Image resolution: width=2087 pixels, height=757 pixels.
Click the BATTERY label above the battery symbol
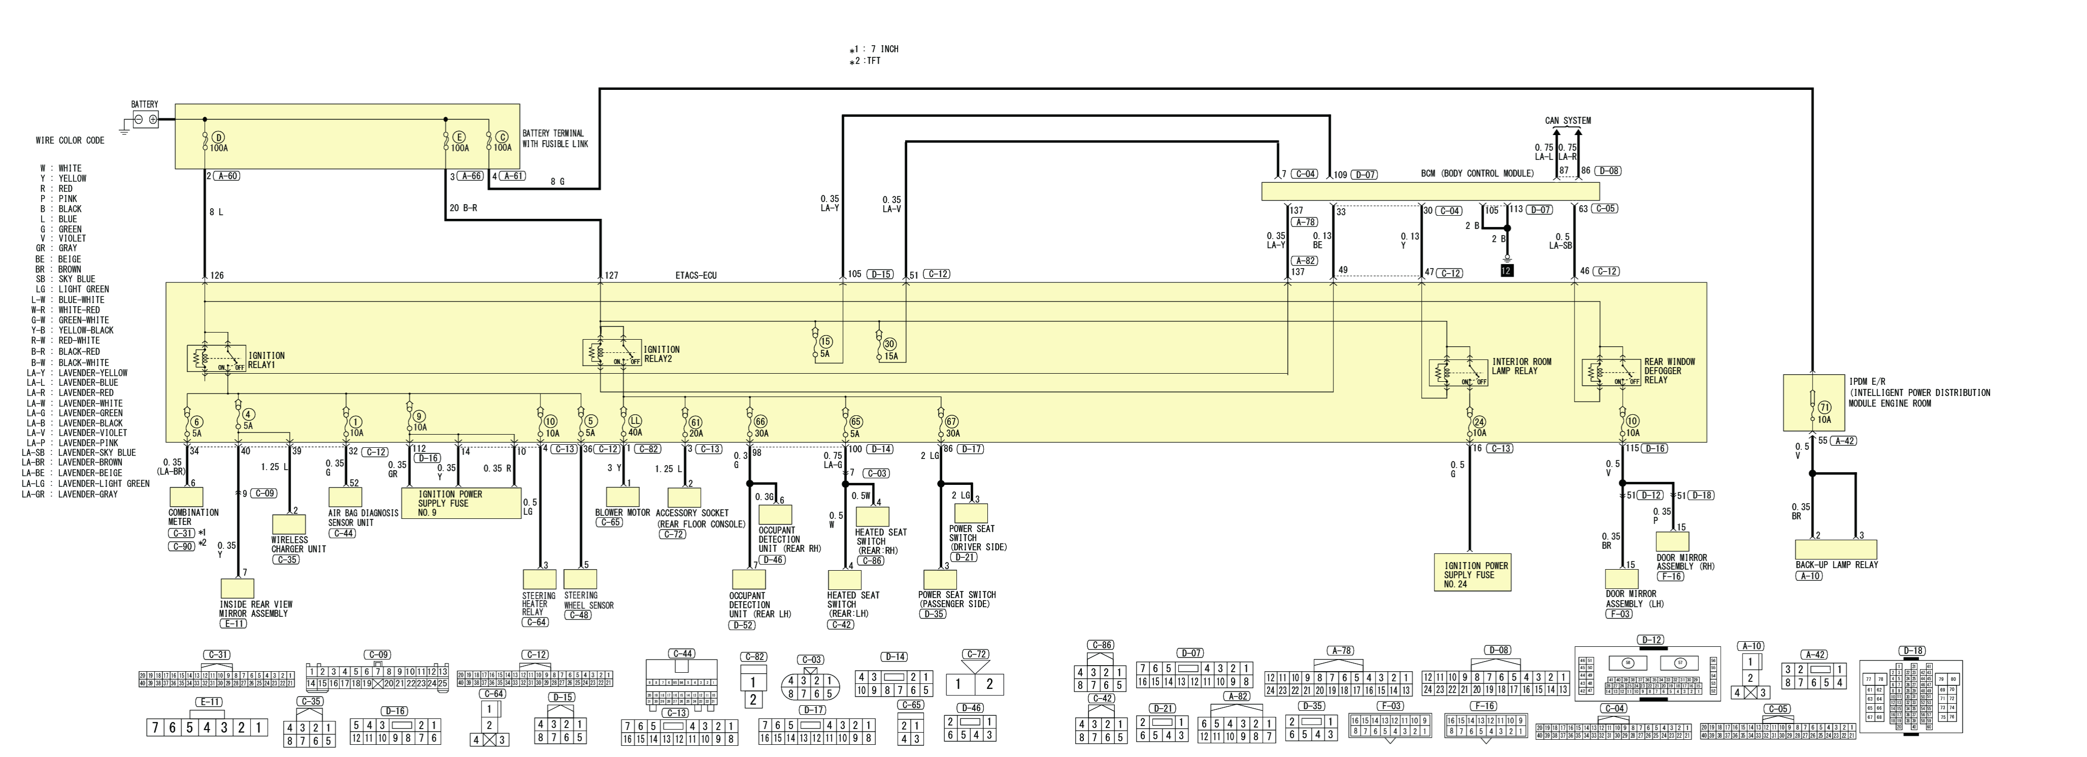click(x=144, y=105)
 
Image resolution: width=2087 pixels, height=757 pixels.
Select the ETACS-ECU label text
click(x=696, y=276)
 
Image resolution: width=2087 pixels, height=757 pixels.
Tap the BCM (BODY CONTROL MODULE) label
click(x=1477, y=174)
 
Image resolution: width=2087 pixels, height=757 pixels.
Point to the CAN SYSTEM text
click(x=1568, y=121)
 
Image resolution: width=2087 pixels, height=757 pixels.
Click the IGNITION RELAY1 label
click(x=266, y=360)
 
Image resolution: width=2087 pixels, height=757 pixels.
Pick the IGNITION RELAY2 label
click(x=662, y=354)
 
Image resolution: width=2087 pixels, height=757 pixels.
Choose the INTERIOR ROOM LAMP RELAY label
click(x=1522, y=367)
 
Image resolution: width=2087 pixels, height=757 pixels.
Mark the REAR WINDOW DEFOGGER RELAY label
click(x=1669, y=371)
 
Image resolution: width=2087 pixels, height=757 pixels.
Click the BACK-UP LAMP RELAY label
click(x=1837, y=565)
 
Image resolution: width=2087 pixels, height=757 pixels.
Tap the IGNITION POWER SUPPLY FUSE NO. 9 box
click(x=461, y=503)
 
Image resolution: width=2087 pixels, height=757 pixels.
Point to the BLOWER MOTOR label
click(x=622, y=513)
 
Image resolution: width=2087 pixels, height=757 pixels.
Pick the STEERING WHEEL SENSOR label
click(x=588, y=601)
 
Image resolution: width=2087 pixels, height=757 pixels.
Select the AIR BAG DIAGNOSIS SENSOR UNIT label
click(x=363, y=518)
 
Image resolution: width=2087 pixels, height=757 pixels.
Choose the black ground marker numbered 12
click(x=1506, y=271)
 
